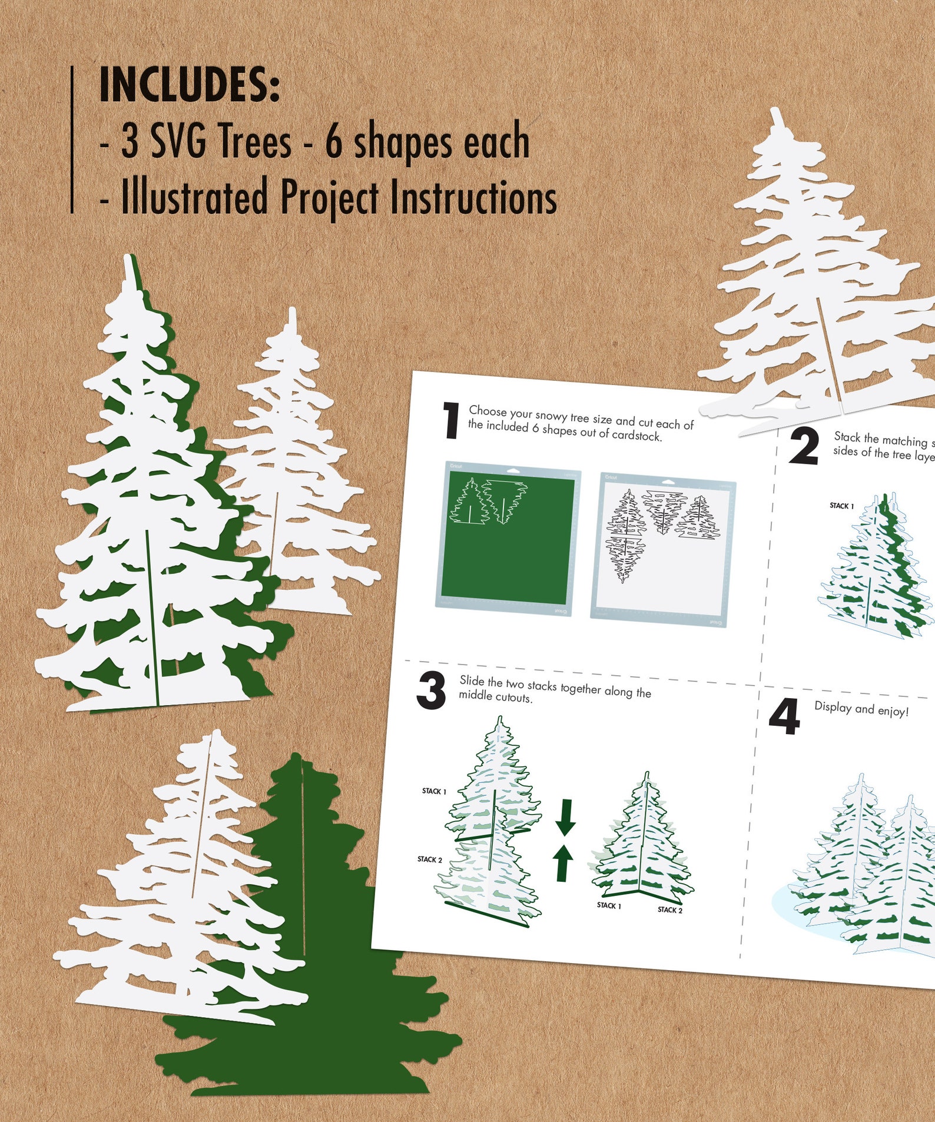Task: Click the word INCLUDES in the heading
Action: [188, 85]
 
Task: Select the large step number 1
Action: [451, 420]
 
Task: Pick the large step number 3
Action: [431, 691]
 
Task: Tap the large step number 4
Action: [784, 717]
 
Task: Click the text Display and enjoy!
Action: [861, 709]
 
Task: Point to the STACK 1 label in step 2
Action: [841, 506]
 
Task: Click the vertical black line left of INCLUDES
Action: [72, 140]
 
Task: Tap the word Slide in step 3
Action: [471, 680]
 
